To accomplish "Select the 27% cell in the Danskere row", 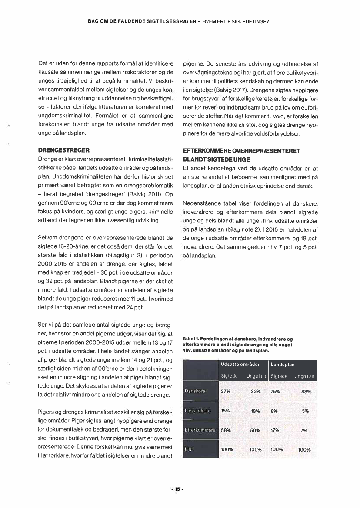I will click(x=226, y=391).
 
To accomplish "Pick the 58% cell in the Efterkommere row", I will click(x=226, y=430).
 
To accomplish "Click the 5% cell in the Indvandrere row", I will click(x=305, y=411).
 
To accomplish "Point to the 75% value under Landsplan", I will click(x=275, y=391).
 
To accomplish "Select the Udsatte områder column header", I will click(x=240, y=365).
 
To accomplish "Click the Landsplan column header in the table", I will click(x=283, y=365).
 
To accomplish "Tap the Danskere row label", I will click(x=195, y=391).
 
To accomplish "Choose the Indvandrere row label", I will click(x=198, y=411).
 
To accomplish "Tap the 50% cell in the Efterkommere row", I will click(x=255, y=430).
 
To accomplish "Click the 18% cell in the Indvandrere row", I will click(x=255, y=411).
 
